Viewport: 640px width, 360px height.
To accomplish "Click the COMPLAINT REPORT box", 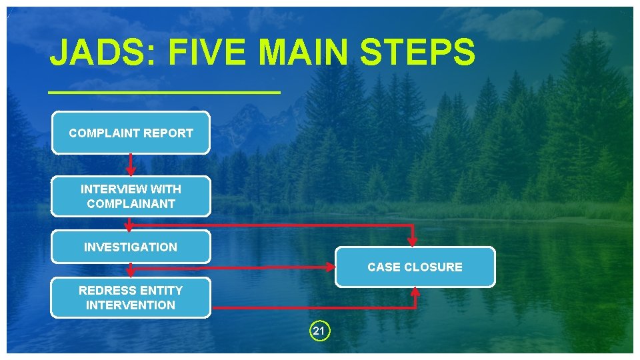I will [x=131, y=133].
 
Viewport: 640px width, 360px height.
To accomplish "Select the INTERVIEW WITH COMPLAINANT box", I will [x=131, y=196].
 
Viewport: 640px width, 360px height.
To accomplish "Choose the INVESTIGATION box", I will [x=131, y=247].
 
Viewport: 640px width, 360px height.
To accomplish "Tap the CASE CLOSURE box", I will [x=415, y=267].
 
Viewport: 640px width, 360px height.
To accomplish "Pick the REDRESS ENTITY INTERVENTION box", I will [x=131, y=297].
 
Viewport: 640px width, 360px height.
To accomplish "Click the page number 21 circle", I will [x=319, y=331].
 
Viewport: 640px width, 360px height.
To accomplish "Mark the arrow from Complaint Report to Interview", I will [x=131, y=164].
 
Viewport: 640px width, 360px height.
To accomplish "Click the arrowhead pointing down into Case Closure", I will [x=413, y=242].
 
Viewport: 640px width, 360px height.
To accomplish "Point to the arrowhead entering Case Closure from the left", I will [x=329, y=267].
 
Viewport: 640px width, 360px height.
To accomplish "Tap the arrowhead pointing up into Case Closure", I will [x=415, y=291].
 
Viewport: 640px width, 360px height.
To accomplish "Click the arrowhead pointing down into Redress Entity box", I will [x=131, y=273].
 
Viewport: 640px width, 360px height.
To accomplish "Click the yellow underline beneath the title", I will [x=165, y=92].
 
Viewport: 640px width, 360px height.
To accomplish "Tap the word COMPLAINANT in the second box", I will [x=131, y=204].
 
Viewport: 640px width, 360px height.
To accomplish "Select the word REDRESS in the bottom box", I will [x=102, y=290].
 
